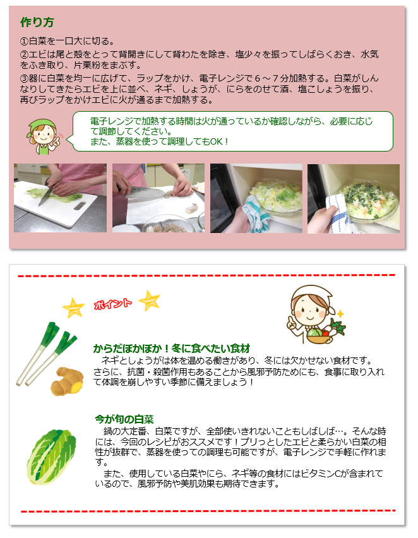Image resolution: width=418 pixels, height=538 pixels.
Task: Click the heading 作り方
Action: pyautogui.click(x=37, y=23)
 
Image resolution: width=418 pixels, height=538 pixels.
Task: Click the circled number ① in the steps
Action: pyautogui.click(x=25, y=40)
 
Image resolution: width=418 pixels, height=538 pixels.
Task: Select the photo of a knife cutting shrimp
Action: pyautogui.click(x=158, y=198)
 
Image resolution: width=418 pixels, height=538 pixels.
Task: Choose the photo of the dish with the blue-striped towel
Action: pyautogui.click(x=353, y=198)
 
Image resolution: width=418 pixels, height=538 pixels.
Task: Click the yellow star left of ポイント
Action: pyautogui.click(x=73, y=307)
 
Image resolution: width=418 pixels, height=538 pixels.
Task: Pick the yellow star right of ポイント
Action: pyautogui.click(x=149, y=299)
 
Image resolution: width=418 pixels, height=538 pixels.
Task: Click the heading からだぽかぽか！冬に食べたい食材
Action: pyautogui.click(x=172, y=348)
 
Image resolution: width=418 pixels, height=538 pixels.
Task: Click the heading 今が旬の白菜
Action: pyautogui.click(x=124, y=419)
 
